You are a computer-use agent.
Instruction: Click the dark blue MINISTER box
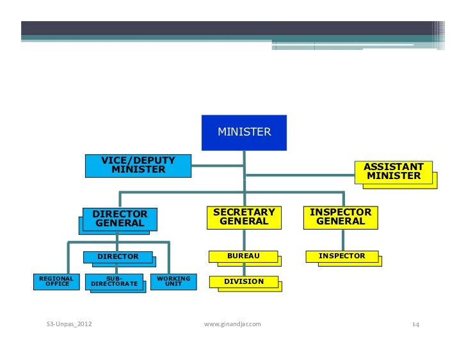[244, 132]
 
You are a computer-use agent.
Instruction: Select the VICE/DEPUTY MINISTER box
[138, 165]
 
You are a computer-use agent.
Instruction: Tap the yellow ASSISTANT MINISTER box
[394, 171]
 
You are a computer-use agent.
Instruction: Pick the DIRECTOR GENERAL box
[120, 219]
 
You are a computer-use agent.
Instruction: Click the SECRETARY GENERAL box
[244, 217]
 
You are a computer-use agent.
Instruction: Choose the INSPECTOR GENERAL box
[341, 217]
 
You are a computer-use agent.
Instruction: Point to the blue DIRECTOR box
[118, 256]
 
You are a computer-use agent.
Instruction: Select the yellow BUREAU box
[244, 256]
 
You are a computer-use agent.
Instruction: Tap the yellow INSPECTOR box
[342, 256]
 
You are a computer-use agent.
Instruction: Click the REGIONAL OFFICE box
[56, 281]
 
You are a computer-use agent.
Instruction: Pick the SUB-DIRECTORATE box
[114, 281]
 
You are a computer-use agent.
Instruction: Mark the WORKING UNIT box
[173, 281]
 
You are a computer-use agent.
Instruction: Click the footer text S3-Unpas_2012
[69, 325]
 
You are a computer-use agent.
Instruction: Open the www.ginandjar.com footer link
[232, 325]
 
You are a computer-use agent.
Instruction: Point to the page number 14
[415, 325]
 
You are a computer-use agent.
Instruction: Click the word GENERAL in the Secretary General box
[244, 222]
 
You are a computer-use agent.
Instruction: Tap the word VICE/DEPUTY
[138, 160]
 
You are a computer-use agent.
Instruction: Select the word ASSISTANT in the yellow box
[394, 166]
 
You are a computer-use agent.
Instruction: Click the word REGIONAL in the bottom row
[56, 278]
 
